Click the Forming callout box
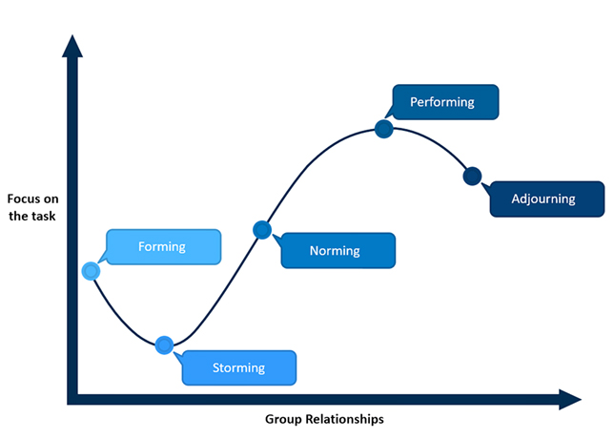coord(161,246)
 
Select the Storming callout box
coord(238,366)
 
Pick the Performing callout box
coord(441,101)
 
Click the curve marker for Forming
coord(91,271)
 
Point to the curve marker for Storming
coord(164,345)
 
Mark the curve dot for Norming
coord(262,229)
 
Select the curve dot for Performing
coord(384,129)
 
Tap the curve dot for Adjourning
coord(471,177)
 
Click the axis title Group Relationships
coord(324,419)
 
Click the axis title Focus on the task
coord(32,207)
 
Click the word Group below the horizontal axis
coord(281,419)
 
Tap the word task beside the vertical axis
coord(44,215)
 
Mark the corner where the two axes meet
coord(72,398)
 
